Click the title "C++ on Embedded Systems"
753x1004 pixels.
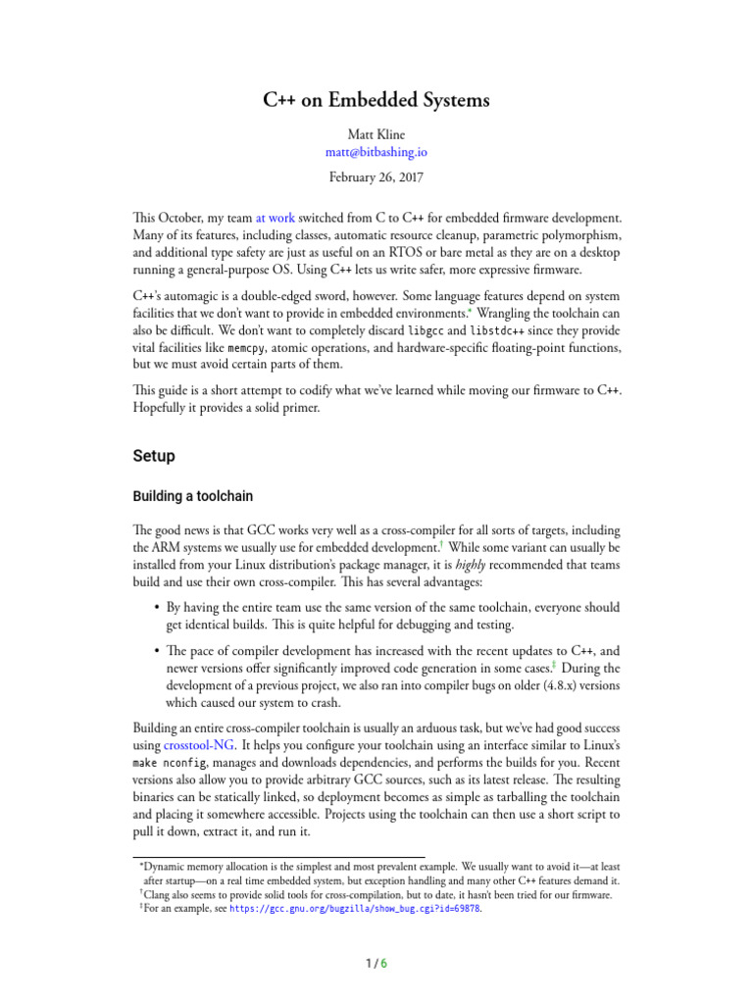coord(376,100)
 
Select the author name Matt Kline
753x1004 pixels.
coord(376,133)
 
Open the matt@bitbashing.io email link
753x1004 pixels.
coord(376,152)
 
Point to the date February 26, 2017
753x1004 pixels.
coord(376,177)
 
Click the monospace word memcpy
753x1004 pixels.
coord(244,349)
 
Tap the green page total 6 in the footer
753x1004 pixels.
coord(384,963)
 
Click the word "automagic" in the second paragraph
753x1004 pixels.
coord(201,295)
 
